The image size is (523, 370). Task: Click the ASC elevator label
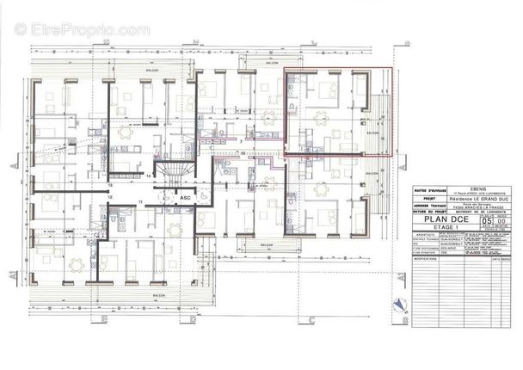tap(185, 197)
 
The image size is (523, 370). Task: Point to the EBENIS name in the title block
tap(455, 186)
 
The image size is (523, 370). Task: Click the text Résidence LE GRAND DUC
tap(455, 196)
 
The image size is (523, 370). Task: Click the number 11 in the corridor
tap(139, 200)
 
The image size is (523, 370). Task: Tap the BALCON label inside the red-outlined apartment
tap(373, 134)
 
